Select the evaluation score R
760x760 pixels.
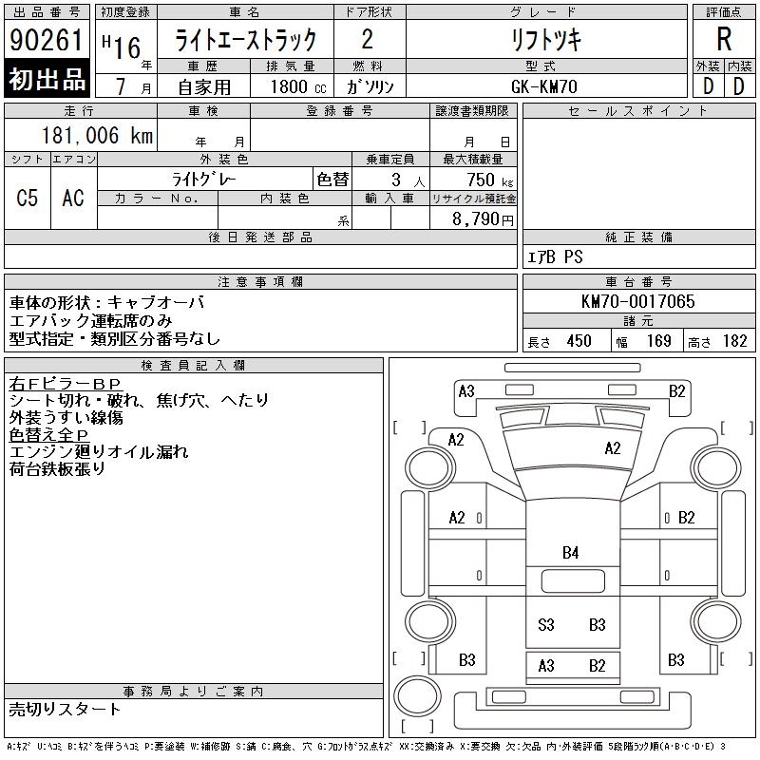point(724,39)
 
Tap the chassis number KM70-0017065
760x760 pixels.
point(637,301)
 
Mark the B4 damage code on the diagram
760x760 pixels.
point(570,552)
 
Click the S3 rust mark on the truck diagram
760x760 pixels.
point(546,624)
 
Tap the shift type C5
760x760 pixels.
point(27,199)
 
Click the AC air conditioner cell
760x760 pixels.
point(72,199)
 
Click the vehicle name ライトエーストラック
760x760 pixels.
point(245,40)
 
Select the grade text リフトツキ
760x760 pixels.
point(546,40)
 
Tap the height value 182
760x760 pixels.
point(734,341)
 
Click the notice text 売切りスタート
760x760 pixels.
point(66,709)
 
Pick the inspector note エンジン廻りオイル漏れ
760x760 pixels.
point(99,452)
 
